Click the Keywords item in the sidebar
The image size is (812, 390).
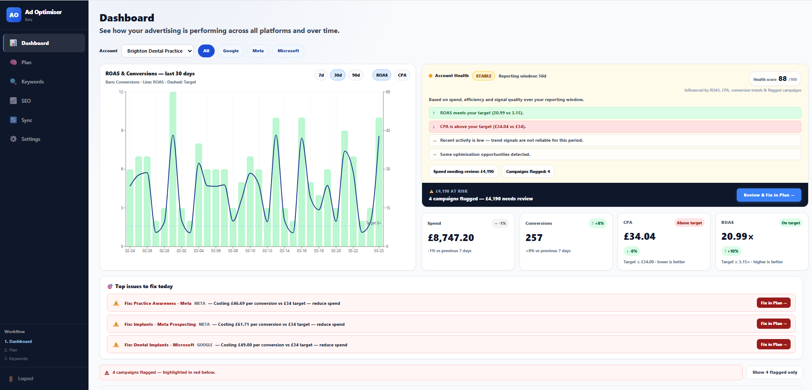[x=32, y=82]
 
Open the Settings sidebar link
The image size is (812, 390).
[x=31, y=139]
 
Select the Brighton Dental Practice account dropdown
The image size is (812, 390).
[x=157, y=51]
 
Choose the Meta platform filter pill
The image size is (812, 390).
[x=258, y=51]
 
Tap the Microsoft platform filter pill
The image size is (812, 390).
[x=288, y=51]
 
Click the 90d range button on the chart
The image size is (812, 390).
[x=356, y=75]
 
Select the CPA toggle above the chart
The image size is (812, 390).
[x=402, y=75]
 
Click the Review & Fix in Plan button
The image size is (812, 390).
[x=768, y=195]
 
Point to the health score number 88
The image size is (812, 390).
[x=782, y=79]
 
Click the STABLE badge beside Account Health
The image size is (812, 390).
[x=484, y=76]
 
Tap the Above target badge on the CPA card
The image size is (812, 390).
[x=689, y=223]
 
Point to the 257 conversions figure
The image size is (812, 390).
[x=534, y=238]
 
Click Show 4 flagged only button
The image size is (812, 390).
[x=774, y=372]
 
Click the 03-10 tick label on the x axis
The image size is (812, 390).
[x=250, y=251]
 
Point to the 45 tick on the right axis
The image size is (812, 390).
[x=388, y=131]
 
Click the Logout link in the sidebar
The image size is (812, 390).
[x=26, y=379]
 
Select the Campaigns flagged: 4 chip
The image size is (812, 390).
[x=528, y=172]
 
